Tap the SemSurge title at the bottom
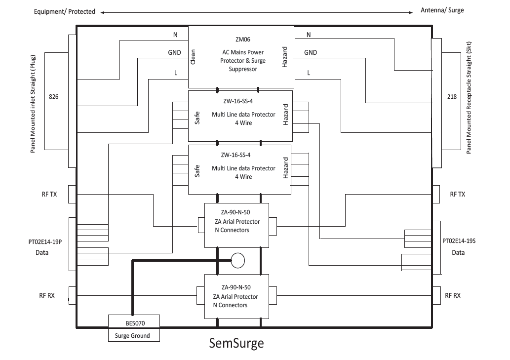coord(236,343)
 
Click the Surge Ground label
coord(133,336)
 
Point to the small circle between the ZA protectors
coord(238,260)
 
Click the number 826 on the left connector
coord(54,97)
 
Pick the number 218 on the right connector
coord(451,97)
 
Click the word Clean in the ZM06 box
coord(193,57)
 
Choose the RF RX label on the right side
coord(453,296)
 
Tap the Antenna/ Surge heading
coord(442,10)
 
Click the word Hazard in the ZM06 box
coord(285,58)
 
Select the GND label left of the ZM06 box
coord(174,52)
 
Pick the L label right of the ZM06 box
coord(309,73)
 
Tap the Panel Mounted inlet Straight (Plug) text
coord(33,97)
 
